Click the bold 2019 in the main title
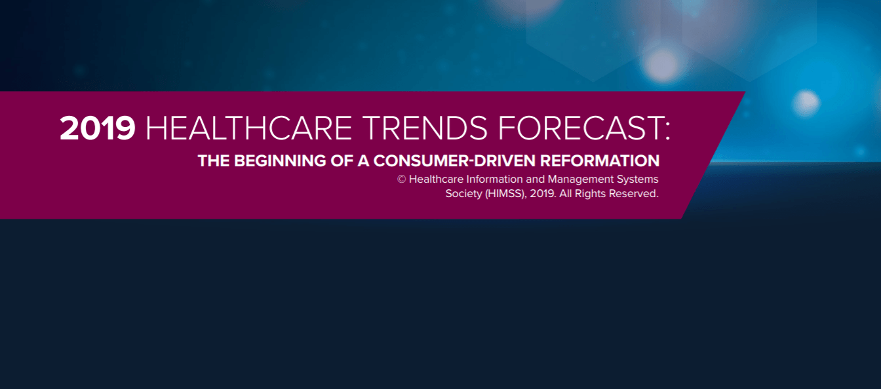(98, 128)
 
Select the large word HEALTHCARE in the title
(248, 128)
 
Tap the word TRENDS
(425, 128)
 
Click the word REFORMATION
(600, 160)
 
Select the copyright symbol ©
(402, 179)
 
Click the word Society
(463, 194)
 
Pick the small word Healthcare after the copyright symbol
(436, 179)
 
